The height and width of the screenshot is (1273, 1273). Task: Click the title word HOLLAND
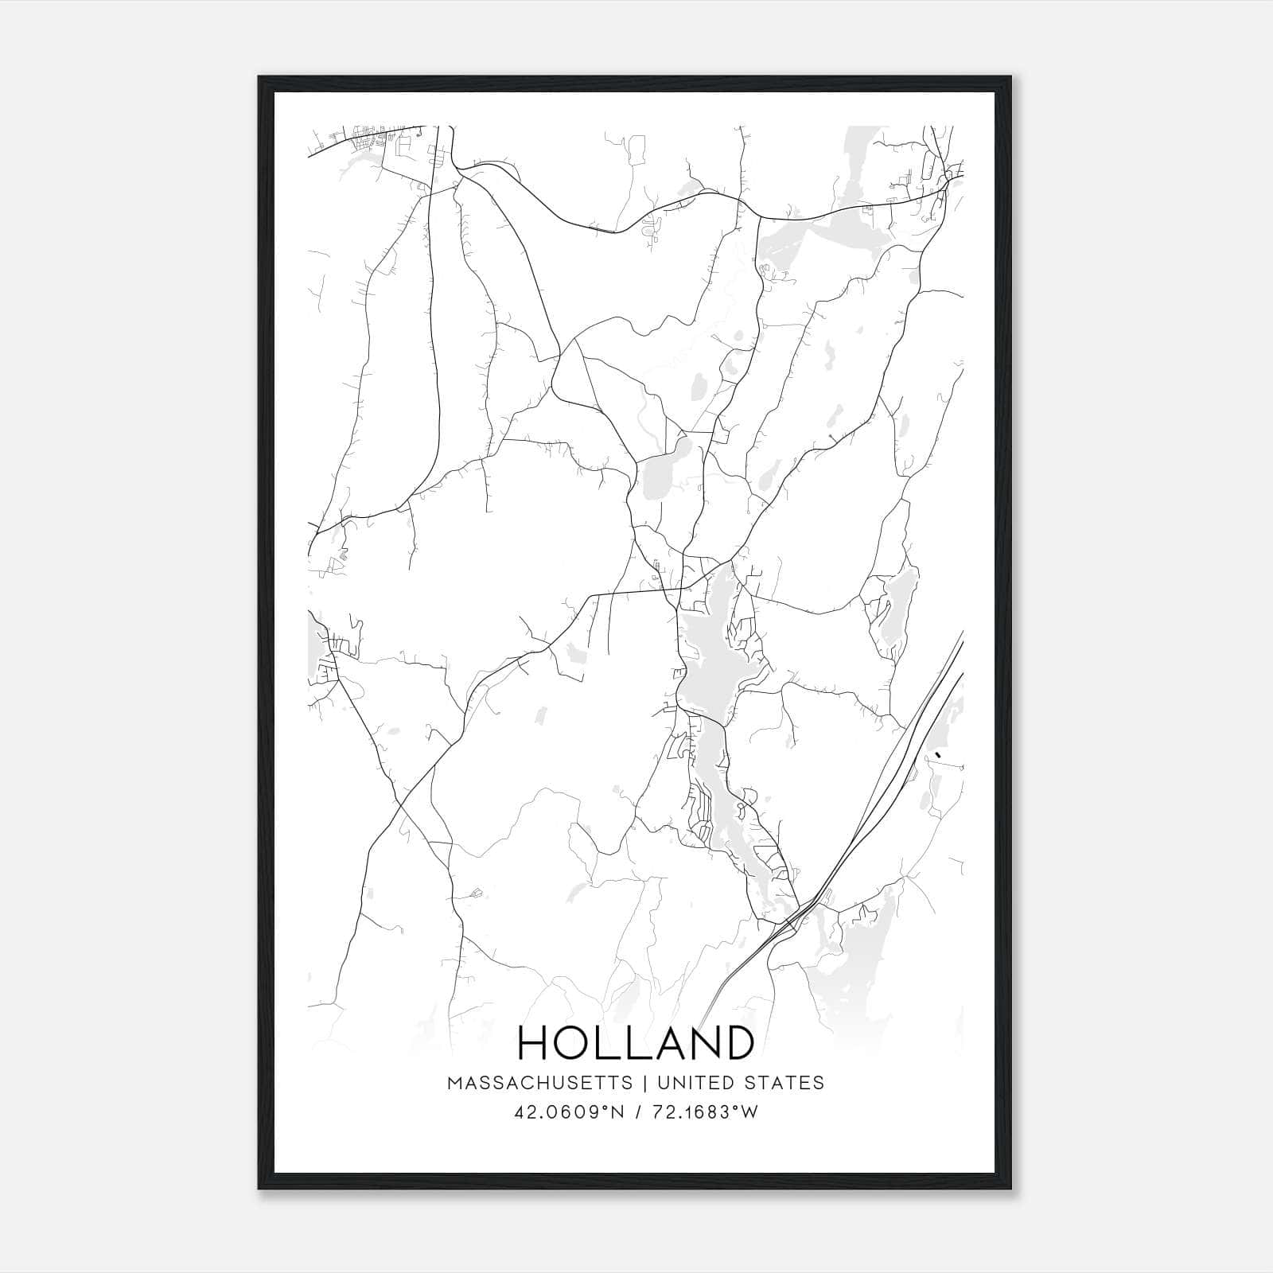pos(636,1042)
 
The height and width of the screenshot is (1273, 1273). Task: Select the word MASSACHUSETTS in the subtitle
pos(540,1083)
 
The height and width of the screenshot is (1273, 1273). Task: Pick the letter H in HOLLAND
pos(535,1042)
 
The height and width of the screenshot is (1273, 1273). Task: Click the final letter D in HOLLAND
pos(737,1042)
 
